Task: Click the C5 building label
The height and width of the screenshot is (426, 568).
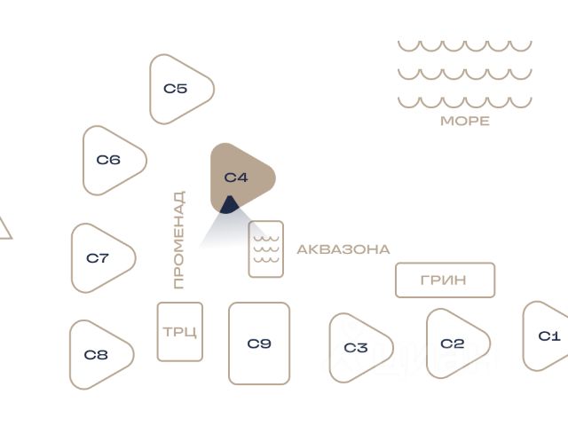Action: [x=175, y=89]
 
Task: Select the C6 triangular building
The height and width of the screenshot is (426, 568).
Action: [x=110, y=161]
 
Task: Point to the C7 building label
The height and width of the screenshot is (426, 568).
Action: [x=98, y=258]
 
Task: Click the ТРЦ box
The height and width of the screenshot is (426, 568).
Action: [x=180, y=332]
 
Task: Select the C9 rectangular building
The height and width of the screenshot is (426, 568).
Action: [x=259, y=343]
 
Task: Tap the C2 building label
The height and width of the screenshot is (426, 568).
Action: [x=453, y=343]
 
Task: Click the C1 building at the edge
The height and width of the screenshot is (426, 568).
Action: [x=548, y=335]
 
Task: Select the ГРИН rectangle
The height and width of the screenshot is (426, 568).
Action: [x=445, y=280]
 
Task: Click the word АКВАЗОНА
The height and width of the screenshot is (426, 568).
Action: [x=343, y=249]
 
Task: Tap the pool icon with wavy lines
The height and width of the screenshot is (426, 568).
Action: [x=265, y=249]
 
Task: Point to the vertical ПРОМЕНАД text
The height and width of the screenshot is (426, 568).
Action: [x=179, y=240]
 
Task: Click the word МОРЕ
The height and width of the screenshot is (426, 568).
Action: [x=464, y=121]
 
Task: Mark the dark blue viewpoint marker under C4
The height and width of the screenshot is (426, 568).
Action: [x=229, y=206]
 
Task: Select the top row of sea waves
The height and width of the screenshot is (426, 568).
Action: [x=464, y=45]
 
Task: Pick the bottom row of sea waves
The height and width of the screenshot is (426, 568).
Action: [x=464, y=101]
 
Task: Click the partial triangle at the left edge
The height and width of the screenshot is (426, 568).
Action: [x=4, y=228]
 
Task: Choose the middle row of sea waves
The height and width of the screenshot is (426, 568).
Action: [x=464, y=74]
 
